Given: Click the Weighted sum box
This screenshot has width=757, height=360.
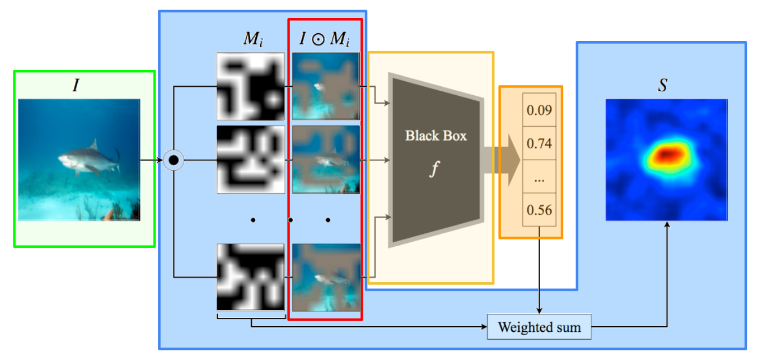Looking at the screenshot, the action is (539, 327).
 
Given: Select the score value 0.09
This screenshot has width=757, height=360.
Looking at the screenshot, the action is (539, 110).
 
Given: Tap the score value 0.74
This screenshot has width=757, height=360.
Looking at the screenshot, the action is (539, 143).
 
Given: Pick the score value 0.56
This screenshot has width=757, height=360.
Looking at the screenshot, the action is (539, 210).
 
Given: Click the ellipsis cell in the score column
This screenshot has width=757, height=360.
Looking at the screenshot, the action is (539, 176).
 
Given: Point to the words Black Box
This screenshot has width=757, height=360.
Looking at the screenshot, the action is (436, 136).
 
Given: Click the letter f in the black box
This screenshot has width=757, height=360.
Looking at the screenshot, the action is (435, 168).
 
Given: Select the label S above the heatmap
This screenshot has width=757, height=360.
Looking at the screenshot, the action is (663, 85).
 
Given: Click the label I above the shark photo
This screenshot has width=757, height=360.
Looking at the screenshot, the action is (76, 85).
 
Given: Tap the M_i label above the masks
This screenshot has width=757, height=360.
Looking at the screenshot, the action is (253, 39).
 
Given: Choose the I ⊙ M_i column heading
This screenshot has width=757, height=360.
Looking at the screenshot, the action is (324, 39).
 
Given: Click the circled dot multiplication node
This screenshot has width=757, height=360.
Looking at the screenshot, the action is (173, 160).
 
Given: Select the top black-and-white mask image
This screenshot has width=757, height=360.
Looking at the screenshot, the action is (251, 86).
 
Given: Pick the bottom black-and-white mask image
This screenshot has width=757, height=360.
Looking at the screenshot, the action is (251, 277).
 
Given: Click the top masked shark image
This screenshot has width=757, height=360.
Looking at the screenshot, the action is (326, 86).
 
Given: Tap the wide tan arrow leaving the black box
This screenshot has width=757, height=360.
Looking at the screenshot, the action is (502, 160).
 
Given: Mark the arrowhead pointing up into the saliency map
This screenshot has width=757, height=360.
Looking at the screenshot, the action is (667, 224).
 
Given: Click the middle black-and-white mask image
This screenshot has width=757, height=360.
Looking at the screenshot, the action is (251, 159).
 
